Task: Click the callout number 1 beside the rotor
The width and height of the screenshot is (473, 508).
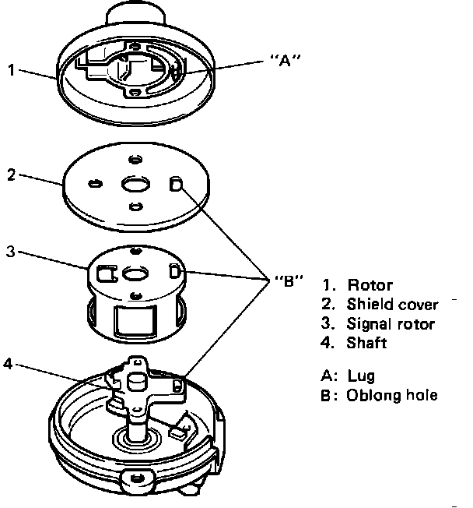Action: click(x=12, y=70)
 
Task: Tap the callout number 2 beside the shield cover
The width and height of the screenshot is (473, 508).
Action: click(x=12, y=175)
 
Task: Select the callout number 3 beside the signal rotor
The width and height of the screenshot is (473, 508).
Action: click(x=12, y=252)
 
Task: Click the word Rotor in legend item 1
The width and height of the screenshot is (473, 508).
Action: click(x=370, y=285)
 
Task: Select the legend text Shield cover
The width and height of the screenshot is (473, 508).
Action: click(x=393, y=305)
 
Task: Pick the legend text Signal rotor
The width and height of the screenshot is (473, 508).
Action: click(x=391, y=324)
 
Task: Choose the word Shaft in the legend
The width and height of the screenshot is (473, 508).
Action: click(x=366, y=343)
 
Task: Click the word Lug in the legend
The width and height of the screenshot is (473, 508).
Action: click(x=361, y=376)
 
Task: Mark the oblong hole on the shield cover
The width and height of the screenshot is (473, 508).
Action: click(x=175, y=184)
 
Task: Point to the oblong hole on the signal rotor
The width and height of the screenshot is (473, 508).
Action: click(x=174, y=271)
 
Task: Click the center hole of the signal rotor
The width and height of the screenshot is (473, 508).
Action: click(x=135, y=273)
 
